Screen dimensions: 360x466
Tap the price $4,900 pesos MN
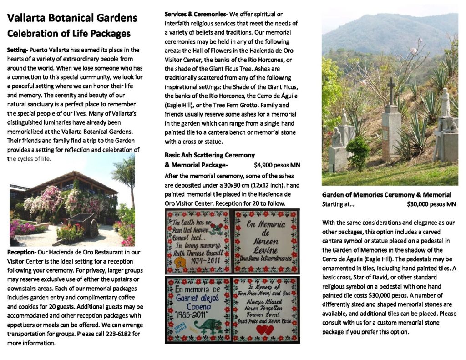click(277, 165)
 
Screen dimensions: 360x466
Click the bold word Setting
click(17, 50)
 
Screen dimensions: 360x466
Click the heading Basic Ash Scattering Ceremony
click(210, 155)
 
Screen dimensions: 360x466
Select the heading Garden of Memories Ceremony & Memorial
click(386, 195)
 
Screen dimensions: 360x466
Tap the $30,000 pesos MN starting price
click(431, 204)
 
